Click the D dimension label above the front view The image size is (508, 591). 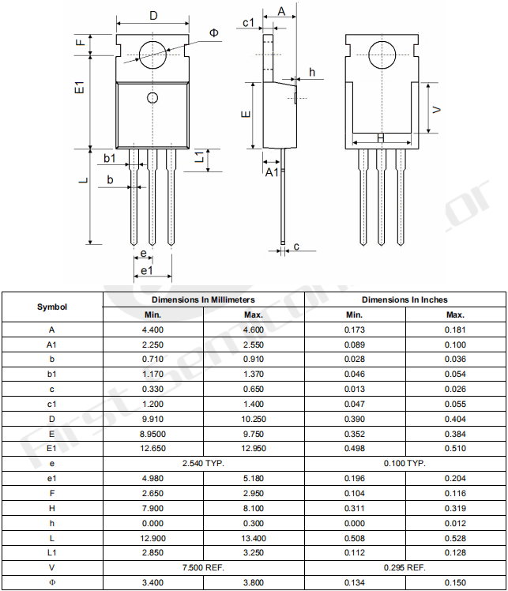click(x=153, y=16)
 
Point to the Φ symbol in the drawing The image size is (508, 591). click(x=215, y=32)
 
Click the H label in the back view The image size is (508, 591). click(x=381, y=138)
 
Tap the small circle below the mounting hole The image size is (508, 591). click(x=152, y=97)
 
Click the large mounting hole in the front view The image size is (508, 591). click(x=152, y=54)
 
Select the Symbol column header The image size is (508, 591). click(x=52, y=307)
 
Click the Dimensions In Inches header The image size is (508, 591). click(x=405, y=300)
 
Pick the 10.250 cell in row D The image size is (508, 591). click(x=254, y=419)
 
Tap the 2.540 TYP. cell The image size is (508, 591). click(x=203, y=463)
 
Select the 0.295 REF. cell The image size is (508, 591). click(x=405, y=567)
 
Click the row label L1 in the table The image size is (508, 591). click(x=52, y=552)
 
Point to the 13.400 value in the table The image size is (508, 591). click(x=254, y=537)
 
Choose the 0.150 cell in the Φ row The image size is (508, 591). click(x=455, y=582)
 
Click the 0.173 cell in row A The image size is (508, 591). click(x=355, y=329)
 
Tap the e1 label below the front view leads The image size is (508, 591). click(x=146, y=271)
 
